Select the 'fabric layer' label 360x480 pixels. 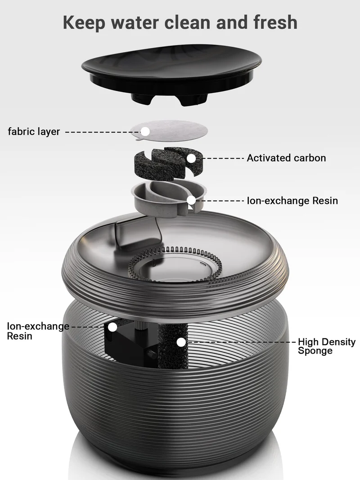[34, 132]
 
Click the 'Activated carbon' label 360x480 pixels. [286, 158]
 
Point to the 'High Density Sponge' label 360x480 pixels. [327, 346]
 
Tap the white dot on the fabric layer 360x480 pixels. [145, 132]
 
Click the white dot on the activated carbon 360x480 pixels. [191, 158]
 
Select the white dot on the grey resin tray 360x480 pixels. [191, 200]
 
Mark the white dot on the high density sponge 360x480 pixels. [181, 342]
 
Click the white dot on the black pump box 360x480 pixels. [112, 327]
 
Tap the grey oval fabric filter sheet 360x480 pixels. [169, 130]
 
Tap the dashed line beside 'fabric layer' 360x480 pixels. [103, 132]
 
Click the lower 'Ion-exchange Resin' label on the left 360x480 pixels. [38, 331]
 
